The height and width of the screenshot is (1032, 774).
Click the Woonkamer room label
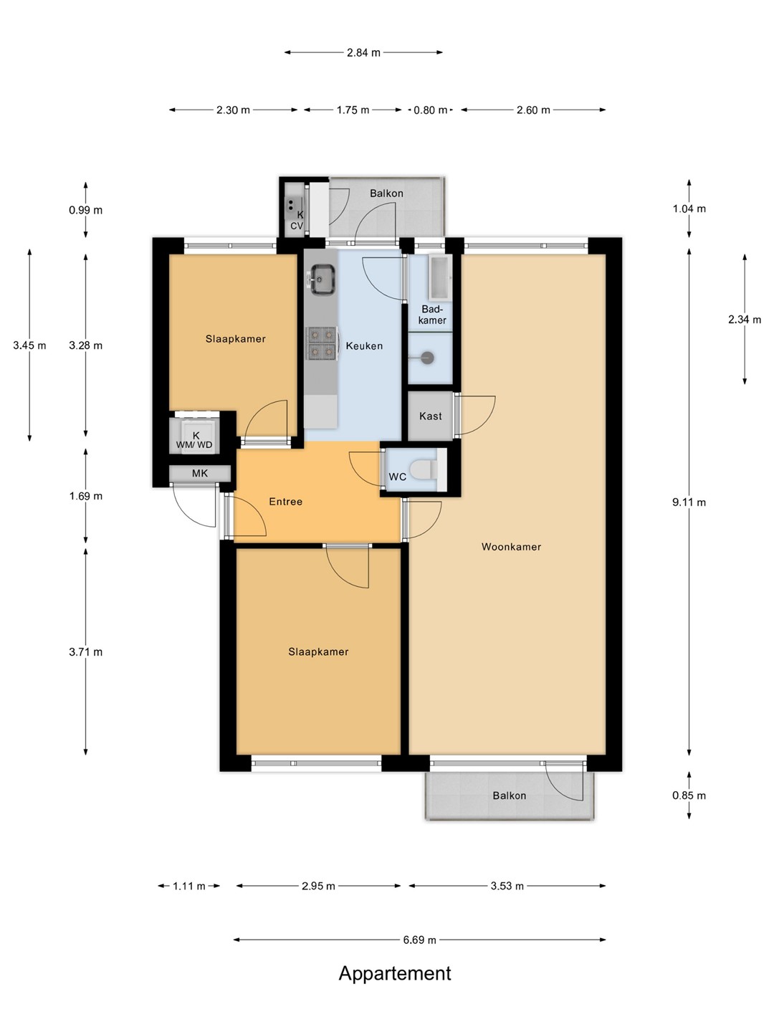(511, 547)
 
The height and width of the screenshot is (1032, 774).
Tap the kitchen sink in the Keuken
(322, 279)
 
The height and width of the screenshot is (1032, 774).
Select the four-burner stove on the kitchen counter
(322, 342)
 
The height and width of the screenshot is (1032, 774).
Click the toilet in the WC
(424, 469)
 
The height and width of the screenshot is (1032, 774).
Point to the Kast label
(431, 416)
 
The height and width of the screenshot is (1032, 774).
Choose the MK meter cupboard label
(200, 474)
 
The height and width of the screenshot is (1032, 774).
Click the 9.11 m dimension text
(689, 502)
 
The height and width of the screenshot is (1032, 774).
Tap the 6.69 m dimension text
(419, 940)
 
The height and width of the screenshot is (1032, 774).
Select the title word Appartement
(395, 973)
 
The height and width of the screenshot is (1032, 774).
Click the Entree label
(286, 502)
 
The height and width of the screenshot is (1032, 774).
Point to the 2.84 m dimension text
(363, 52)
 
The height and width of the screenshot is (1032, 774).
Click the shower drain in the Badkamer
(426, 358)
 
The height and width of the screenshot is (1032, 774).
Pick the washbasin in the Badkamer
(440, 278)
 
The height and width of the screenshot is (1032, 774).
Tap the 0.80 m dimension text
(431, 110)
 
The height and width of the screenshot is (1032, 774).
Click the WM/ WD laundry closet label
(194, 445)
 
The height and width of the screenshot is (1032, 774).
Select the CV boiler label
(297, 226)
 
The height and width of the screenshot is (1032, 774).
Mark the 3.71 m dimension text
(85, 652)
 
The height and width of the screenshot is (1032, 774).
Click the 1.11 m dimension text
(189, 887)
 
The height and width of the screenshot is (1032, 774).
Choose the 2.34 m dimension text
(745, 320)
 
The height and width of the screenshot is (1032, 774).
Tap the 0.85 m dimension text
(689, 795)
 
